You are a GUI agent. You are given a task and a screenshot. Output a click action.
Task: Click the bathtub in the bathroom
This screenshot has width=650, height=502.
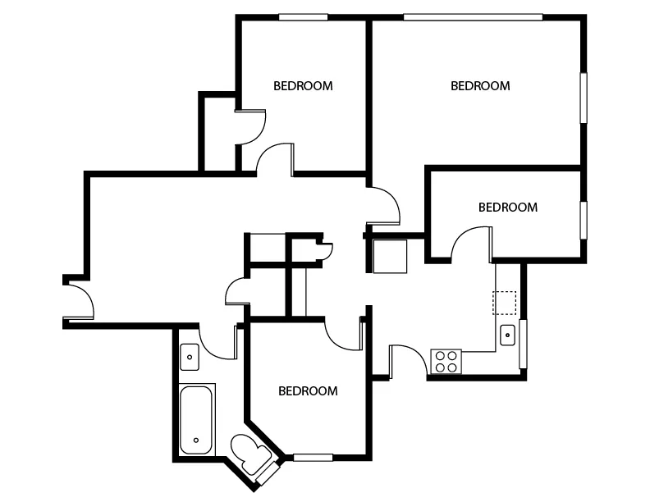tap(197, 420)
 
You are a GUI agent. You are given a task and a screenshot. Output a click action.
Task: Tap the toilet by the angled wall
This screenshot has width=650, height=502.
tap(251, 454)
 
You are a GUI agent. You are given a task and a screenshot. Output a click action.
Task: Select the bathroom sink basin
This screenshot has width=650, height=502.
tap(190, 357)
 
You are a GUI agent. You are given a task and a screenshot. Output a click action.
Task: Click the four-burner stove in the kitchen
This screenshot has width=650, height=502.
tap(446, 362)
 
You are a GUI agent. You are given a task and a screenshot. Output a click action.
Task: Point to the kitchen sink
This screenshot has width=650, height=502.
tap(507, 335)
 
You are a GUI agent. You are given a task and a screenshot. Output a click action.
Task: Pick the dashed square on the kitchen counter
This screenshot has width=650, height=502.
tap(504, 303)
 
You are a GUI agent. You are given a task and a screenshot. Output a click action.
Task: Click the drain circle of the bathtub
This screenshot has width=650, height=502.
tap(196, 440)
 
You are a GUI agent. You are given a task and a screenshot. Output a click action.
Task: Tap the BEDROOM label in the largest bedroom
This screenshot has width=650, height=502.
tap(480, 86)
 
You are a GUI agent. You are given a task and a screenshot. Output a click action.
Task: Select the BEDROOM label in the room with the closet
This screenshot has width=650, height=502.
tap(303, 86)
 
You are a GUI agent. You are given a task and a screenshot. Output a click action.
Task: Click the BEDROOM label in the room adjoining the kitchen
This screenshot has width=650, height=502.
tap(508, 207)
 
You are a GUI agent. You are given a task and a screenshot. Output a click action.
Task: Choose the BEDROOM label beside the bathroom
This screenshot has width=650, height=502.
tap(308, 391)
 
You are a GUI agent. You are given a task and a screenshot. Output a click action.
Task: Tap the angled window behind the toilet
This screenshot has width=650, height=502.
tap(268, 473)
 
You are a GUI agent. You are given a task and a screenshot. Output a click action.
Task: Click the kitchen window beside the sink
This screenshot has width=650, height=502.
tap(523, 344)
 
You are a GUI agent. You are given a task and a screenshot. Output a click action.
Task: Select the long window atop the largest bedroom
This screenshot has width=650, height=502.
tap(473, 17)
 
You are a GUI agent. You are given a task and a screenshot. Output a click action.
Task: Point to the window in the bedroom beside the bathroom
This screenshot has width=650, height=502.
tap(313, 458)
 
